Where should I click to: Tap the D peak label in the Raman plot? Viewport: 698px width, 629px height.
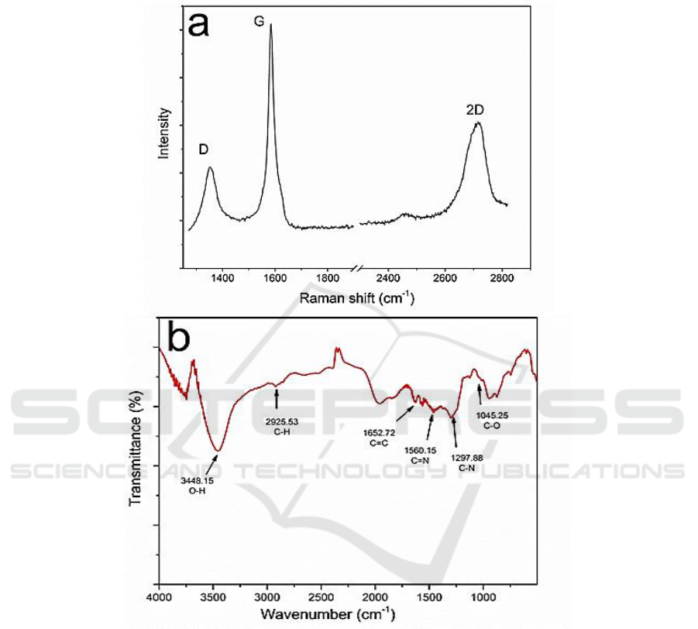(203, 149)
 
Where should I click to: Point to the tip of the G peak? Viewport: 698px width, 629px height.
(271, 25)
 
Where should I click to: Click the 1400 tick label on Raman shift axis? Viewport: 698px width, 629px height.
(222, 277)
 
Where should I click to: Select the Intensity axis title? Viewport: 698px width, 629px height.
(164, 133)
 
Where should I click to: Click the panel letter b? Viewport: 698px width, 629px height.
(179, 338)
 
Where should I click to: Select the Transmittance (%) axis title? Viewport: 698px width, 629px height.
(136, 461)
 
